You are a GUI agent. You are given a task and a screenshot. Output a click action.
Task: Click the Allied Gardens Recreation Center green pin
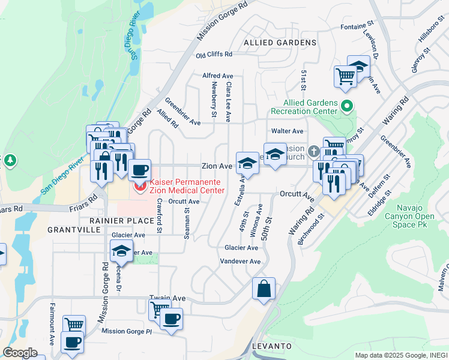(x=346, y=107)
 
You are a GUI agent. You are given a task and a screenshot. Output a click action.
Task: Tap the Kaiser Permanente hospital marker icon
(x=141, y=187)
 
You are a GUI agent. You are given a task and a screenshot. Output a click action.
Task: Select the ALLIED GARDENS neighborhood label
(x=280, y=43)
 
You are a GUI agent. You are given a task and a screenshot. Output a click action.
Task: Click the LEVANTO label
(x=272, y=347)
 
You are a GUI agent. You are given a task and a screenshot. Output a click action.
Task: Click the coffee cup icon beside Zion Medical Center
(x=139, y=170)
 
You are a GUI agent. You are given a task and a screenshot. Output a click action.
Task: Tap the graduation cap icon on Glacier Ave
(x=121, y=250)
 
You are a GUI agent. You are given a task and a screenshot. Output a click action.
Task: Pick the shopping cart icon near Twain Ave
(x=159, y=309)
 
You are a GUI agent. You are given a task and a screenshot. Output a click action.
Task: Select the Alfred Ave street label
(x=217, y=76)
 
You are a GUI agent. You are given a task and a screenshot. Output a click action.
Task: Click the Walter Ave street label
(x=287, y=131)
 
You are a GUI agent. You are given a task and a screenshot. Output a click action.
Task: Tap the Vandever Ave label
(x=240, y=262)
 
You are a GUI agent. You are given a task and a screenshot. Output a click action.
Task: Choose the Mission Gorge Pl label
(x=127, y=331)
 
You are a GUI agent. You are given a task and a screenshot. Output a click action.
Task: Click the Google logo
(x=20, y=353)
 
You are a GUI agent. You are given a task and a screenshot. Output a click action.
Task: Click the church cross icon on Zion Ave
(x=313, y=150)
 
